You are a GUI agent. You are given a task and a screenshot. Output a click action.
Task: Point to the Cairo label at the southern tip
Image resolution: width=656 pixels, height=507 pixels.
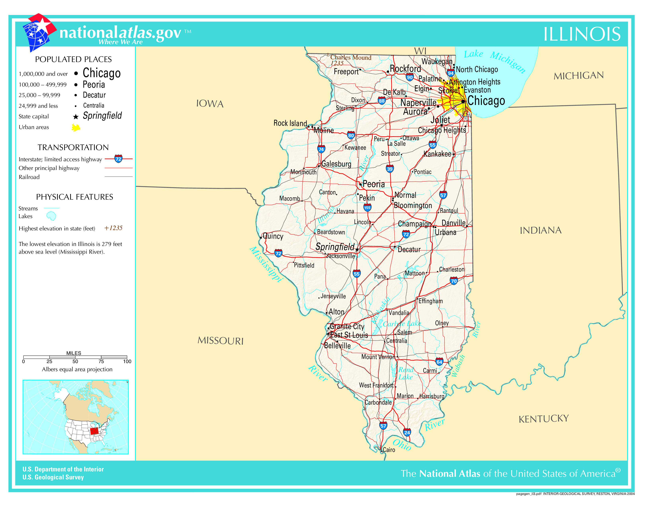(389, 450)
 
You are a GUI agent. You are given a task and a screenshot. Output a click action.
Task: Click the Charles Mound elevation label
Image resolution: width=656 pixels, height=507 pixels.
(350, 57)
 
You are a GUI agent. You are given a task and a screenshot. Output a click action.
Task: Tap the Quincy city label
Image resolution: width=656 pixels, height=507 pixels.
(273, 236)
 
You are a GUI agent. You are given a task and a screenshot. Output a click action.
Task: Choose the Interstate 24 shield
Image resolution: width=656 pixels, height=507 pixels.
(407, 432)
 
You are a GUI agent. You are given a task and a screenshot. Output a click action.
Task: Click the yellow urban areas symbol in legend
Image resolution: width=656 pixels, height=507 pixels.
(76, 128)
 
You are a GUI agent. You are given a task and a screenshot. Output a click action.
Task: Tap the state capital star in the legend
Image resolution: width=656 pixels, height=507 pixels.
(76, 117)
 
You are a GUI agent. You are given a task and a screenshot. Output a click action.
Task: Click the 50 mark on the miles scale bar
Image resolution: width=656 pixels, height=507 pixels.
(75, 361)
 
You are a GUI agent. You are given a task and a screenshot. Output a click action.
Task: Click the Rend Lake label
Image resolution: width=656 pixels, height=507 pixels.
(406, 373)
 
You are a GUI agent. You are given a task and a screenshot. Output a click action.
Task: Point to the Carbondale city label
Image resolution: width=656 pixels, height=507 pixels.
(378, 402)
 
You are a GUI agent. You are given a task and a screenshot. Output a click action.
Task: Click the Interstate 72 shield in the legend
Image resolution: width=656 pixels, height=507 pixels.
(118, 159)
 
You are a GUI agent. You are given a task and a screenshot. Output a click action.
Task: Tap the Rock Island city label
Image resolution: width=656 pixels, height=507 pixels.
(290, 123)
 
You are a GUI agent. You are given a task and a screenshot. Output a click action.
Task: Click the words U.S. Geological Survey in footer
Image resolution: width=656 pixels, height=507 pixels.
(53, 477)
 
